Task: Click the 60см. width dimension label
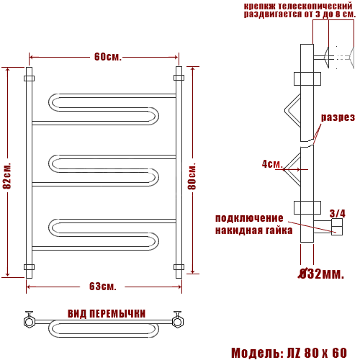[x=108, y=57]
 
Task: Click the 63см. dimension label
[x=103, y=287]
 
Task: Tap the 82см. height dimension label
[x=7, y=176]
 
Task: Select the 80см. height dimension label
[x=192, y=176]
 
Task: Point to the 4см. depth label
[x=272, y=164]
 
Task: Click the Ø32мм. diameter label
[x=321, y=274]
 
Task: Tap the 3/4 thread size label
[x=337, y=213]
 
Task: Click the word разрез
[x=338, y=117]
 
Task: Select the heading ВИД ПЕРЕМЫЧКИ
[x=107, y=314]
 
